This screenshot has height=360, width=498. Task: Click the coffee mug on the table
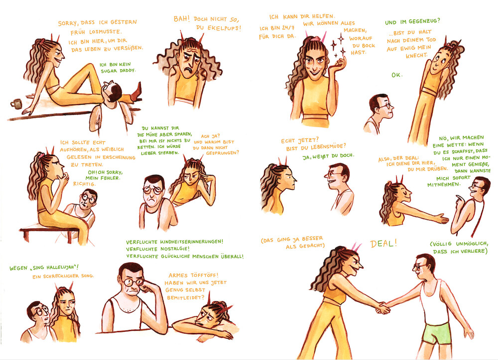pos(16,104)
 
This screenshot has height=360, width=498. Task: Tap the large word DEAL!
pos(383,243)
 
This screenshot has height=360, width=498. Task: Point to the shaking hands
pos(382,308)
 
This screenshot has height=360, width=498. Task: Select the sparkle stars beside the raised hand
pos(339,46)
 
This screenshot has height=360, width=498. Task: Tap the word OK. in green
pos(397,75)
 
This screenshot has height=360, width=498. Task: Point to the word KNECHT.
pos(416,56)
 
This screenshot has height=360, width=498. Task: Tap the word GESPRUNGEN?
pos(222,153)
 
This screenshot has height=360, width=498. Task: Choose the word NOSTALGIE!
pos(175,248)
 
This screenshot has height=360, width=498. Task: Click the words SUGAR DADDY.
pos(118,71)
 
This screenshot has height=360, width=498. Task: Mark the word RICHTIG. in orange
pos(84,184)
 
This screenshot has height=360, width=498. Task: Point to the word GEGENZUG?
pos(424,21)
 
